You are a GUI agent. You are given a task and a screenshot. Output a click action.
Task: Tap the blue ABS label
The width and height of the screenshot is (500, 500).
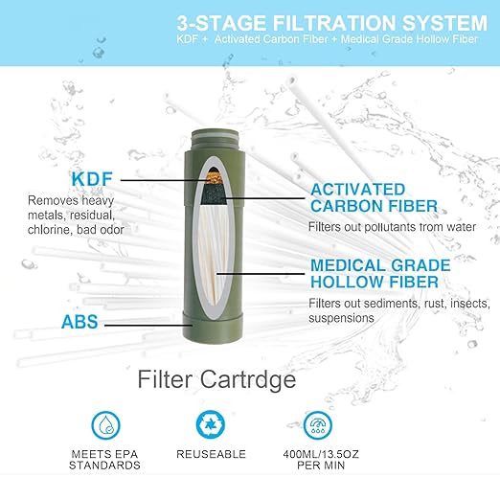coord(80,323)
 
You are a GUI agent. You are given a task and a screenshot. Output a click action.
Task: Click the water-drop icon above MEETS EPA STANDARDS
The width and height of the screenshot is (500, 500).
coord(104,424)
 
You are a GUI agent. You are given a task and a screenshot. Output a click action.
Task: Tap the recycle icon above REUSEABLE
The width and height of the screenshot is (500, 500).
coord(210,424)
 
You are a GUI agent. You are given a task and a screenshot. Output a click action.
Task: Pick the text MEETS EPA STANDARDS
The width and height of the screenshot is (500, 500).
coord(104,459)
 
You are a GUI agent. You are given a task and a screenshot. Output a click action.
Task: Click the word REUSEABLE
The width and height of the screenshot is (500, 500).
coord(211,453)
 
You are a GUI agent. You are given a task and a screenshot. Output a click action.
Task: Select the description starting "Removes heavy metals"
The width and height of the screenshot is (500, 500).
coord(76,215)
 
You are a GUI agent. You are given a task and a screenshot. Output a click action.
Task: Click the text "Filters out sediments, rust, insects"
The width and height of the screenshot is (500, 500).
coord(398,310)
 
